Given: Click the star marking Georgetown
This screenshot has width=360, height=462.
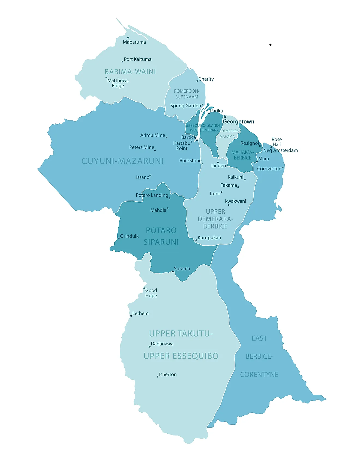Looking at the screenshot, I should [225, 116].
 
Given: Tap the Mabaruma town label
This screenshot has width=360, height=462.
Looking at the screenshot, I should [134, 42].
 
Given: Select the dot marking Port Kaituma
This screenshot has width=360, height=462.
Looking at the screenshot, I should [122, 62].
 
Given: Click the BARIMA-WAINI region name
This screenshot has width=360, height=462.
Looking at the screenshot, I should [130, 72].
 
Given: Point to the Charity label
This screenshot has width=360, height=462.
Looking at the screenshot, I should [206, 79].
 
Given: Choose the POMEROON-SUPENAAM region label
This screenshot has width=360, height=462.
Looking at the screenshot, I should [187, 94].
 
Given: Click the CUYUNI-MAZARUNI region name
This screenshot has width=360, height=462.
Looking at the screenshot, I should [122, 161].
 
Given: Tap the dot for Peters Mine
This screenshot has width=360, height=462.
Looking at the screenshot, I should [155, 150].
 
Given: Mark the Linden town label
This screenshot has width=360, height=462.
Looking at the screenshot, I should [218, 165].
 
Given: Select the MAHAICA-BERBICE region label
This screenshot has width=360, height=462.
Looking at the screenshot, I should [242, 155].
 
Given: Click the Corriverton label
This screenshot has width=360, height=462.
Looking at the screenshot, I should [269, 169].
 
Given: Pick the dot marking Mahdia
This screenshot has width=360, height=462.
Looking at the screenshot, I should [167, 209].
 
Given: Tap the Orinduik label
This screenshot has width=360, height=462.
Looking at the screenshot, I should [129, 236].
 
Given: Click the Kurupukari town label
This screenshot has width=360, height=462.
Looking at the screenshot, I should [209, 237].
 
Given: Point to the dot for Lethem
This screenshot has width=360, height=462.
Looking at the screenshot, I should [131, 316].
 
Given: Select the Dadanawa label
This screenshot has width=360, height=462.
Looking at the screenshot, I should [162, 344].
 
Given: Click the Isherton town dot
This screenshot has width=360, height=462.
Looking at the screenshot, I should [157, 377].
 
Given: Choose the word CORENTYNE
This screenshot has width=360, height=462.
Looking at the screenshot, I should [259, 375].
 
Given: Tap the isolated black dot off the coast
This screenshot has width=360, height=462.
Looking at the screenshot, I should [270, 45].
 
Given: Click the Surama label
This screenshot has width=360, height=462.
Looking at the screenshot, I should [182, 269].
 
